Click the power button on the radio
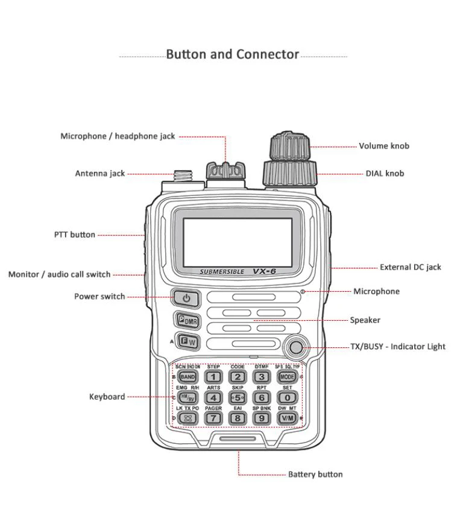tap(186, 298)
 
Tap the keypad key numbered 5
tap(238, 397)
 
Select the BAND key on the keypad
tap(187, 377)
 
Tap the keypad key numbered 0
tap(287, 397)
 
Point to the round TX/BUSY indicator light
tap(296, 347)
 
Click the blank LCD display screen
tap(237, 242)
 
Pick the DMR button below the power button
tap(187, 321)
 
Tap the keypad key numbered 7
tap(213, 417)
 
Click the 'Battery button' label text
tap(315, 475)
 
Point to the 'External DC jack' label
tap(410, 267)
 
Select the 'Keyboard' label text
tap(107, 397)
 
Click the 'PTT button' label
tap(75, 235)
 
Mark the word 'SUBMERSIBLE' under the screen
tap(222, 272)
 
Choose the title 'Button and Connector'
tap(232, 54)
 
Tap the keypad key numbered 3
tap(262, 377)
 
